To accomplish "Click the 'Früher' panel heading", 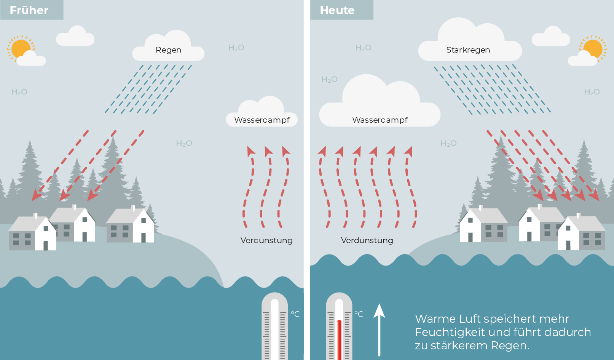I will [x=29, y=10].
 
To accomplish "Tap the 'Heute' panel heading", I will [x=337, y=10].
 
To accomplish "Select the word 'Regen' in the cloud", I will [x=168, y=50].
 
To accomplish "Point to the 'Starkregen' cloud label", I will [x=468, y=50].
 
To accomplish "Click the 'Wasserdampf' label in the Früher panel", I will [x=262, y=120].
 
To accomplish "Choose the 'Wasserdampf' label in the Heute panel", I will [x=380, y=120].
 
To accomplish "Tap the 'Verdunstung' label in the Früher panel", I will [x=266, y=240].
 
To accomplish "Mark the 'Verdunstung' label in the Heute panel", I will [x=367, y=240].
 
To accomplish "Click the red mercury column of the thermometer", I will [x=339, y=339].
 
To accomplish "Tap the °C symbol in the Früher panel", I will [x=295, y=314].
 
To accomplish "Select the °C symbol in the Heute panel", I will [x=359, y=314].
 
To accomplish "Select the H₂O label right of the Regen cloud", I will [x=236, y=48].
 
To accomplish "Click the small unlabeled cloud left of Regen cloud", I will [x=75, y=37].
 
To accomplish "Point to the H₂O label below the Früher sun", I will [x=19, y=92].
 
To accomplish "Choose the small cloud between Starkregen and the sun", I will [x=551, y=37].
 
